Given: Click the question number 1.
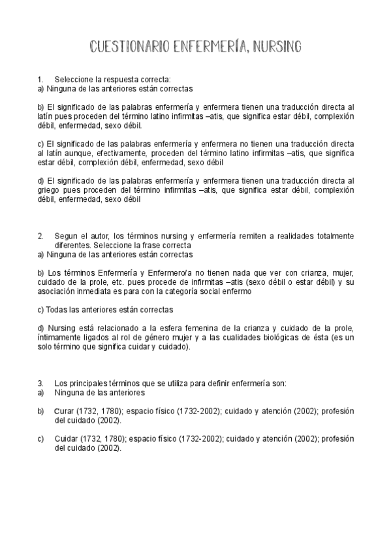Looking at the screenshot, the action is coord(40,80).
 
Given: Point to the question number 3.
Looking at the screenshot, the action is coord(40,382).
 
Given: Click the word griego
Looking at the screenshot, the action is coord(48,191).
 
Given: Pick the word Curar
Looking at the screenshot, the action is coord(64,411).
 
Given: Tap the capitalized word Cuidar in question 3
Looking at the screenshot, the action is coord(65,439).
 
